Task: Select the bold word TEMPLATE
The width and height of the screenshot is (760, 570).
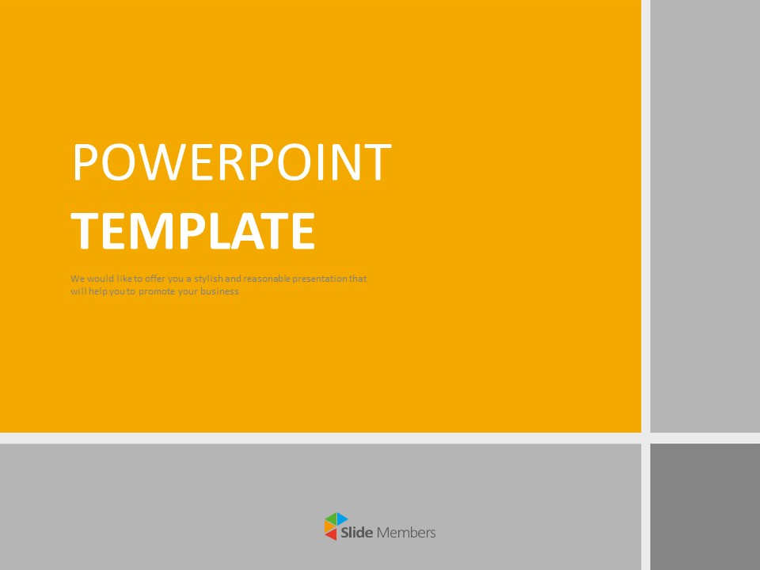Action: [x=193, y=231]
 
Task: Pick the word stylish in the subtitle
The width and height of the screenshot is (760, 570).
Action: [x=208, y=279]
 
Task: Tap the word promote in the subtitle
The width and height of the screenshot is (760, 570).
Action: [x=157, y=292]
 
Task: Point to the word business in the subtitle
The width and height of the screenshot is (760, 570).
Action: [x=219, y=291]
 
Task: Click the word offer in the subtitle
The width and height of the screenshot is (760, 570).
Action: [x=155, y=279]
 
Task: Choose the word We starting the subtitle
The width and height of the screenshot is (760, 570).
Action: [x=78, y=279]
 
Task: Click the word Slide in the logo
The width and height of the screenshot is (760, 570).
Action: [x=357, y=533]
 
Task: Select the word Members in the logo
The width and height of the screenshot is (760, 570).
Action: [x=406, y=533]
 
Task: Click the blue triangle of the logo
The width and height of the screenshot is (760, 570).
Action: [x=342, y=518]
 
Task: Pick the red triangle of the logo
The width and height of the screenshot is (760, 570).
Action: [x=332, y=534]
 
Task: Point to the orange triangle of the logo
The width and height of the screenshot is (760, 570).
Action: [x=329, y=527]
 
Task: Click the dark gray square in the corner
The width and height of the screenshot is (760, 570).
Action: [x=705, y=507]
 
